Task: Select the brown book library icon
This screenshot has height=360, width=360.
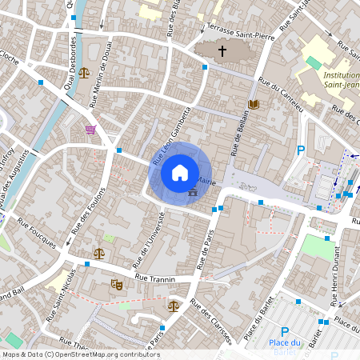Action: pyautogui.click(x=254, y=105)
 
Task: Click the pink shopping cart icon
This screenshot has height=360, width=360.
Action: pyautogui.click(x=90, y=130)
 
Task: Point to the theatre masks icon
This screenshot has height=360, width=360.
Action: pyautogui.click(x=116, y=284)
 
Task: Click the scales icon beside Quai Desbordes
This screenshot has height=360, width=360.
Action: pyautogui.click(x=84, y=73)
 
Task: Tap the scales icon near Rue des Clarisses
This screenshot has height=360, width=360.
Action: pyautogui.click(x=174, y=305)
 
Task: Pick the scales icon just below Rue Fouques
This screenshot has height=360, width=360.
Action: pyautogui.click(x=98, y=253)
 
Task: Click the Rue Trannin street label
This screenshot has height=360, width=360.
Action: pyautogui.click(x=155, y=278)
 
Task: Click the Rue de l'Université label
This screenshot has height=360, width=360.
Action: pyautogui.click(x=144, y=245)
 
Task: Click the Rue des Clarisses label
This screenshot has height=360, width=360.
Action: pyautogui.click(x=210, y=323)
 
